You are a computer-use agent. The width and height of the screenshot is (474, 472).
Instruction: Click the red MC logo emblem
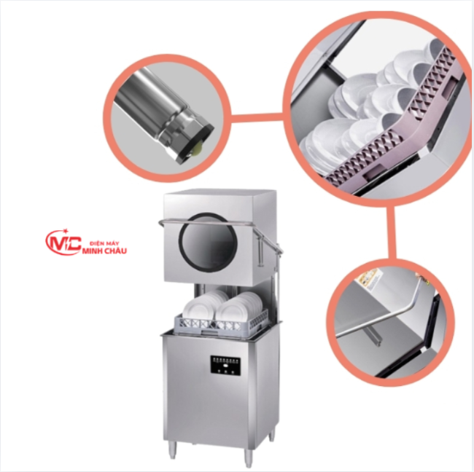point(63,242)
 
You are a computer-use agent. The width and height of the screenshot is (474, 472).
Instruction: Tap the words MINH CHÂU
point(104,251)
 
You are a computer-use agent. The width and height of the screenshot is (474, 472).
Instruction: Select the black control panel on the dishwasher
point(225,366)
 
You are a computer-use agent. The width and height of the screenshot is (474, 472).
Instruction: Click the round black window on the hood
point(207,242)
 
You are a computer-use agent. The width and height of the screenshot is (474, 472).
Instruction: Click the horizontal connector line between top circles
point(256,117)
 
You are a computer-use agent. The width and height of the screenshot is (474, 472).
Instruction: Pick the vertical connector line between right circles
point(392,232)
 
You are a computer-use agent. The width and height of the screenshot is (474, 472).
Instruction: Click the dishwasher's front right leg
point(249,457)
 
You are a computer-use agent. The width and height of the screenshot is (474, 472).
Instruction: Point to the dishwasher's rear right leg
point(272,435)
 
